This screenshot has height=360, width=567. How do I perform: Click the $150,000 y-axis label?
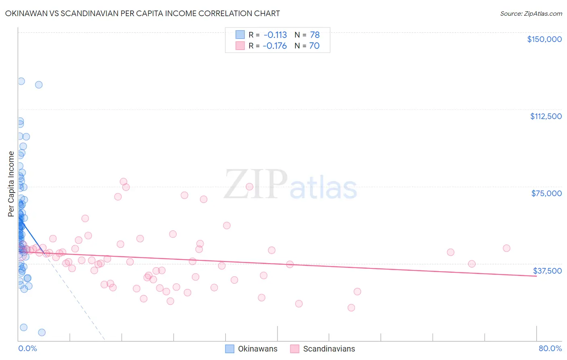pyautogui.click(x=544, y=39)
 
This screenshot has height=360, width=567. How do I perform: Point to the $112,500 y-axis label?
pyautogui.click(x=546, y=116)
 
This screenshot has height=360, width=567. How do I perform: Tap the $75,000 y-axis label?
pyautogui.click(x=546, y=193)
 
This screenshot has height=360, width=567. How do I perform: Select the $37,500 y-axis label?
pyautogui.click(x=547, y=271)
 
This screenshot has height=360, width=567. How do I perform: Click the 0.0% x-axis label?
pyautogui.click(x=27, y=348)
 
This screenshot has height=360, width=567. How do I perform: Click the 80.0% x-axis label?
pyautogui.click(x=550, y=348)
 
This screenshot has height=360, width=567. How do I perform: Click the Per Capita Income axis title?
pyautogui.click(x=11, y=184)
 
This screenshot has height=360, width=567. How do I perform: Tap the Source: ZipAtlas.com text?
pyautogui.click(x=531, y=14)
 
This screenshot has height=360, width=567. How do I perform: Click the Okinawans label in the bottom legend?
pyautogui.click(x=257, y=349)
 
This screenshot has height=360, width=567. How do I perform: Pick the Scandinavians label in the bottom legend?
pyautogui.click(x=329, y=349)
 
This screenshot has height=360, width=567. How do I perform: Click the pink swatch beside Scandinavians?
pyautogui.click(x=295, y=349)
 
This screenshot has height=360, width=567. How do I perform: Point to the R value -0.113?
pyautogui.click(x=275, y=35)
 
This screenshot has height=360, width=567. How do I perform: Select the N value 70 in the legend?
pyautogui.click(x=314, y=46)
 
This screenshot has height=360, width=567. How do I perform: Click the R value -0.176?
pyautogui.click(x=274, y=46)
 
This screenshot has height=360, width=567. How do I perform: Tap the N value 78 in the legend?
pyautogui.click(x=315, y=35)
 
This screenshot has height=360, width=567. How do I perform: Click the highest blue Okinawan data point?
pyautogui.click(x=21, y=81)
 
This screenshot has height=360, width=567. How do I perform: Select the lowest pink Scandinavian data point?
pyautogui.click(x=351, y=308)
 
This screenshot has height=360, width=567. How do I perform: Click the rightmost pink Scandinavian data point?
pyautogui.click(x=507, y=248)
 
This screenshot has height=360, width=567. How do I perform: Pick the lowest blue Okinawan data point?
pyautogui.click(x=42, y=333)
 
